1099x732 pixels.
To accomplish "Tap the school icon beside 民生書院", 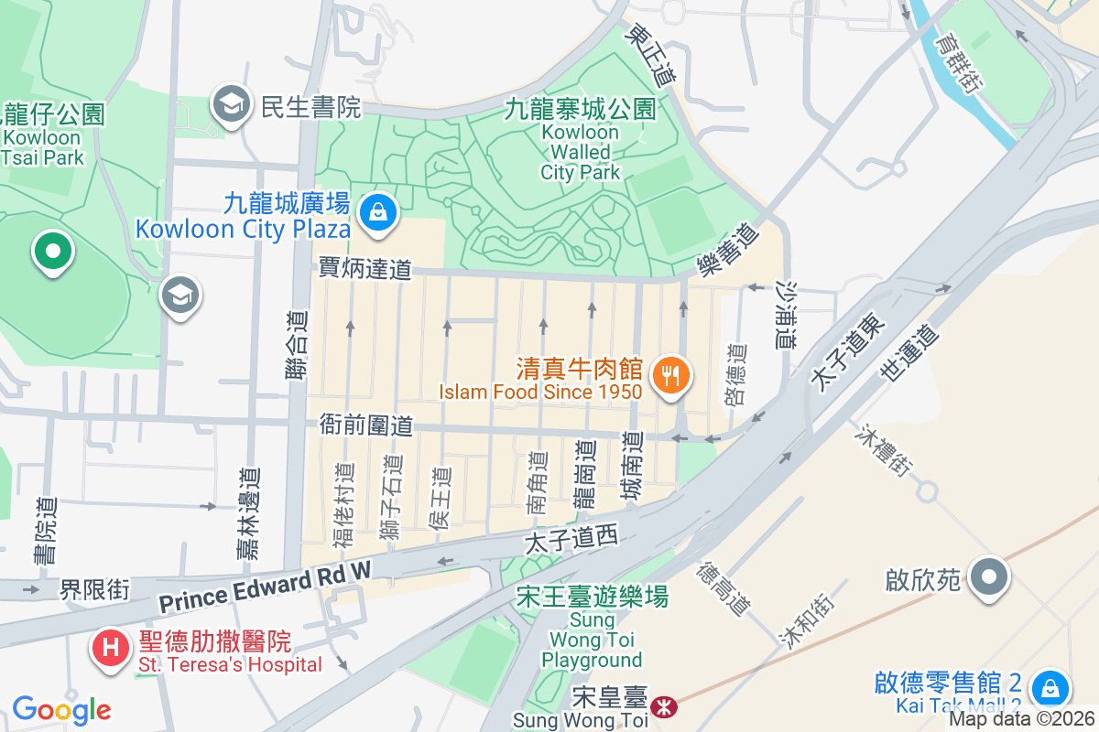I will (x=232, y=105).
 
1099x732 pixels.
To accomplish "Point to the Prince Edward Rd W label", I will (x=265, y=586).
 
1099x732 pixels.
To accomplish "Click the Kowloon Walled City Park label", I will (x=580, y=151).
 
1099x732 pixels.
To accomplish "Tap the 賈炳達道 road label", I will (x=365, y=269).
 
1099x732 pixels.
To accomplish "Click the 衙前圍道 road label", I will (x=365, y=425).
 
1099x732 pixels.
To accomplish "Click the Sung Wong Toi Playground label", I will (x=592, y=640).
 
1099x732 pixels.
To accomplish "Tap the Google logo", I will (x=61, y=709).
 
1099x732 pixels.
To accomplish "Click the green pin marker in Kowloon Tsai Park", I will (x=52, y=251).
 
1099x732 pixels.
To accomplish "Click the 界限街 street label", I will (x=94, y=589).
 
